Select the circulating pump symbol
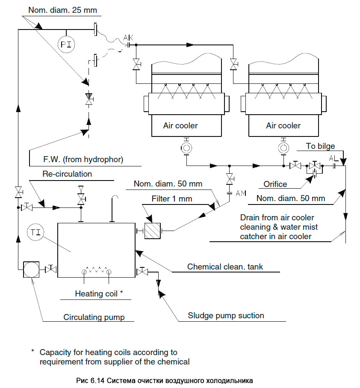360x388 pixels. pos(31,269)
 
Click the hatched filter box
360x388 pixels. pos(152,231)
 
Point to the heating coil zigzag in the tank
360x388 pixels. pos(97,270)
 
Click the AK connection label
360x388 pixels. pos(128,38)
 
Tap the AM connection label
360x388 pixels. pos(241,193)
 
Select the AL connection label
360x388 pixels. pos(334,158)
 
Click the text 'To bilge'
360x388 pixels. pos(320,146)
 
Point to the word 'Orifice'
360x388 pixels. pos(275,184)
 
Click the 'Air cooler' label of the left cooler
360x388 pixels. pos(180,126)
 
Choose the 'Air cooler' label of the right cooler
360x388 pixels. pos(283,126)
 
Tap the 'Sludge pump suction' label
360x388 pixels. pos(226,316)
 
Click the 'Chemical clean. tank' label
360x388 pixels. pos(225,267)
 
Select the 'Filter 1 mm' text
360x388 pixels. pos(172,198)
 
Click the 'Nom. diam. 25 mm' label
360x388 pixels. pos(62,10)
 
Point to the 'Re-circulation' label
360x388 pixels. pos(67,174)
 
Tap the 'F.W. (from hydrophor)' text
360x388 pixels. pos(83,160)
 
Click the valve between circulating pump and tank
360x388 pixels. pos(51,269)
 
